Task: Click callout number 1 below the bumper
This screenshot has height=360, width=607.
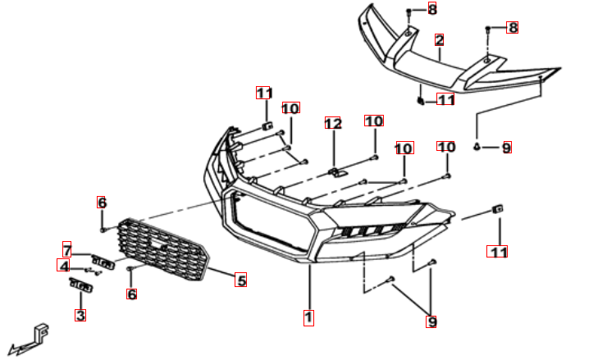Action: click(308, 318)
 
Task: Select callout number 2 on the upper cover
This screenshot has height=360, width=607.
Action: click(439, 40)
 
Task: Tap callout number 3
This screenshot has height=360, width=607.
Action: click(80, 315)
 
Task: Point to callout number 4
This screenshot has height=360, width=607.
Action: click(63, 266)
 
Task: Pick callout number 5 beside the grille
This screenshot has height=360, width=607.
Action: click(241, 280)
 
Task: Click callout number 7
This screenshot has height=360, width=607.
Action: click(67, 249)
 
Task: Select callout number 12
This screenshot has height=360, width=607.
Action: click(332, 123)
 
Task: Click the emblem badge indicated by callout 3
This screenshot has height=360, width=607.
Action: click(81, 285)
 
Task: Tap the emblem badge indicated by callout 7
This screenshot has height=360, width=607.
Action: click(103, 262)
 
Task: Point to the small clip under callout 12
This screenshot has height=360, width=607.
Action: click(337, 172)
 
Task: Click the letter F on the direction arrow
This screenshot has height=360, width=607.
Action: click(42, 331)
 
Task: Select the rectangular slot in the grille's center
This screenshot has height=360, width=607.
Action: click(157, 244)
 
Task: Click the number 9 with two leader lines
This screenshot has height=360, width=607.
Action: click(431, 321)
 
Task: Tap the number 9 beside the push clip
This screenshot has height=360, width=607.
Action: click(507, 148)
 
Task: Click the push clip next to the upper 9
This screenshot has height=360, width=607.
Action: click(477, 146)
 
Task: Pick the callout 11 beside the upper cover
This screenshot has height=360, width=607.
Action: click(445, 99)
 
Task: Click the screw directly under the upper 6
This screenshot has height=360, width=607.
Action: click(103, 230)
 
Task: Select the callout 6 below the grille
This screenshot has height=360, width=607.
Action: click(131, 294)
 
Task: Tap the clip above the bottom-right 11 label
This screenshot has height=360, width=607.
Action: click(498, 209)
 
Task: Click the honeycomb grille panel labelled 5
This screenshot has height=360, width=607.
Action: click(163, 250)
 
